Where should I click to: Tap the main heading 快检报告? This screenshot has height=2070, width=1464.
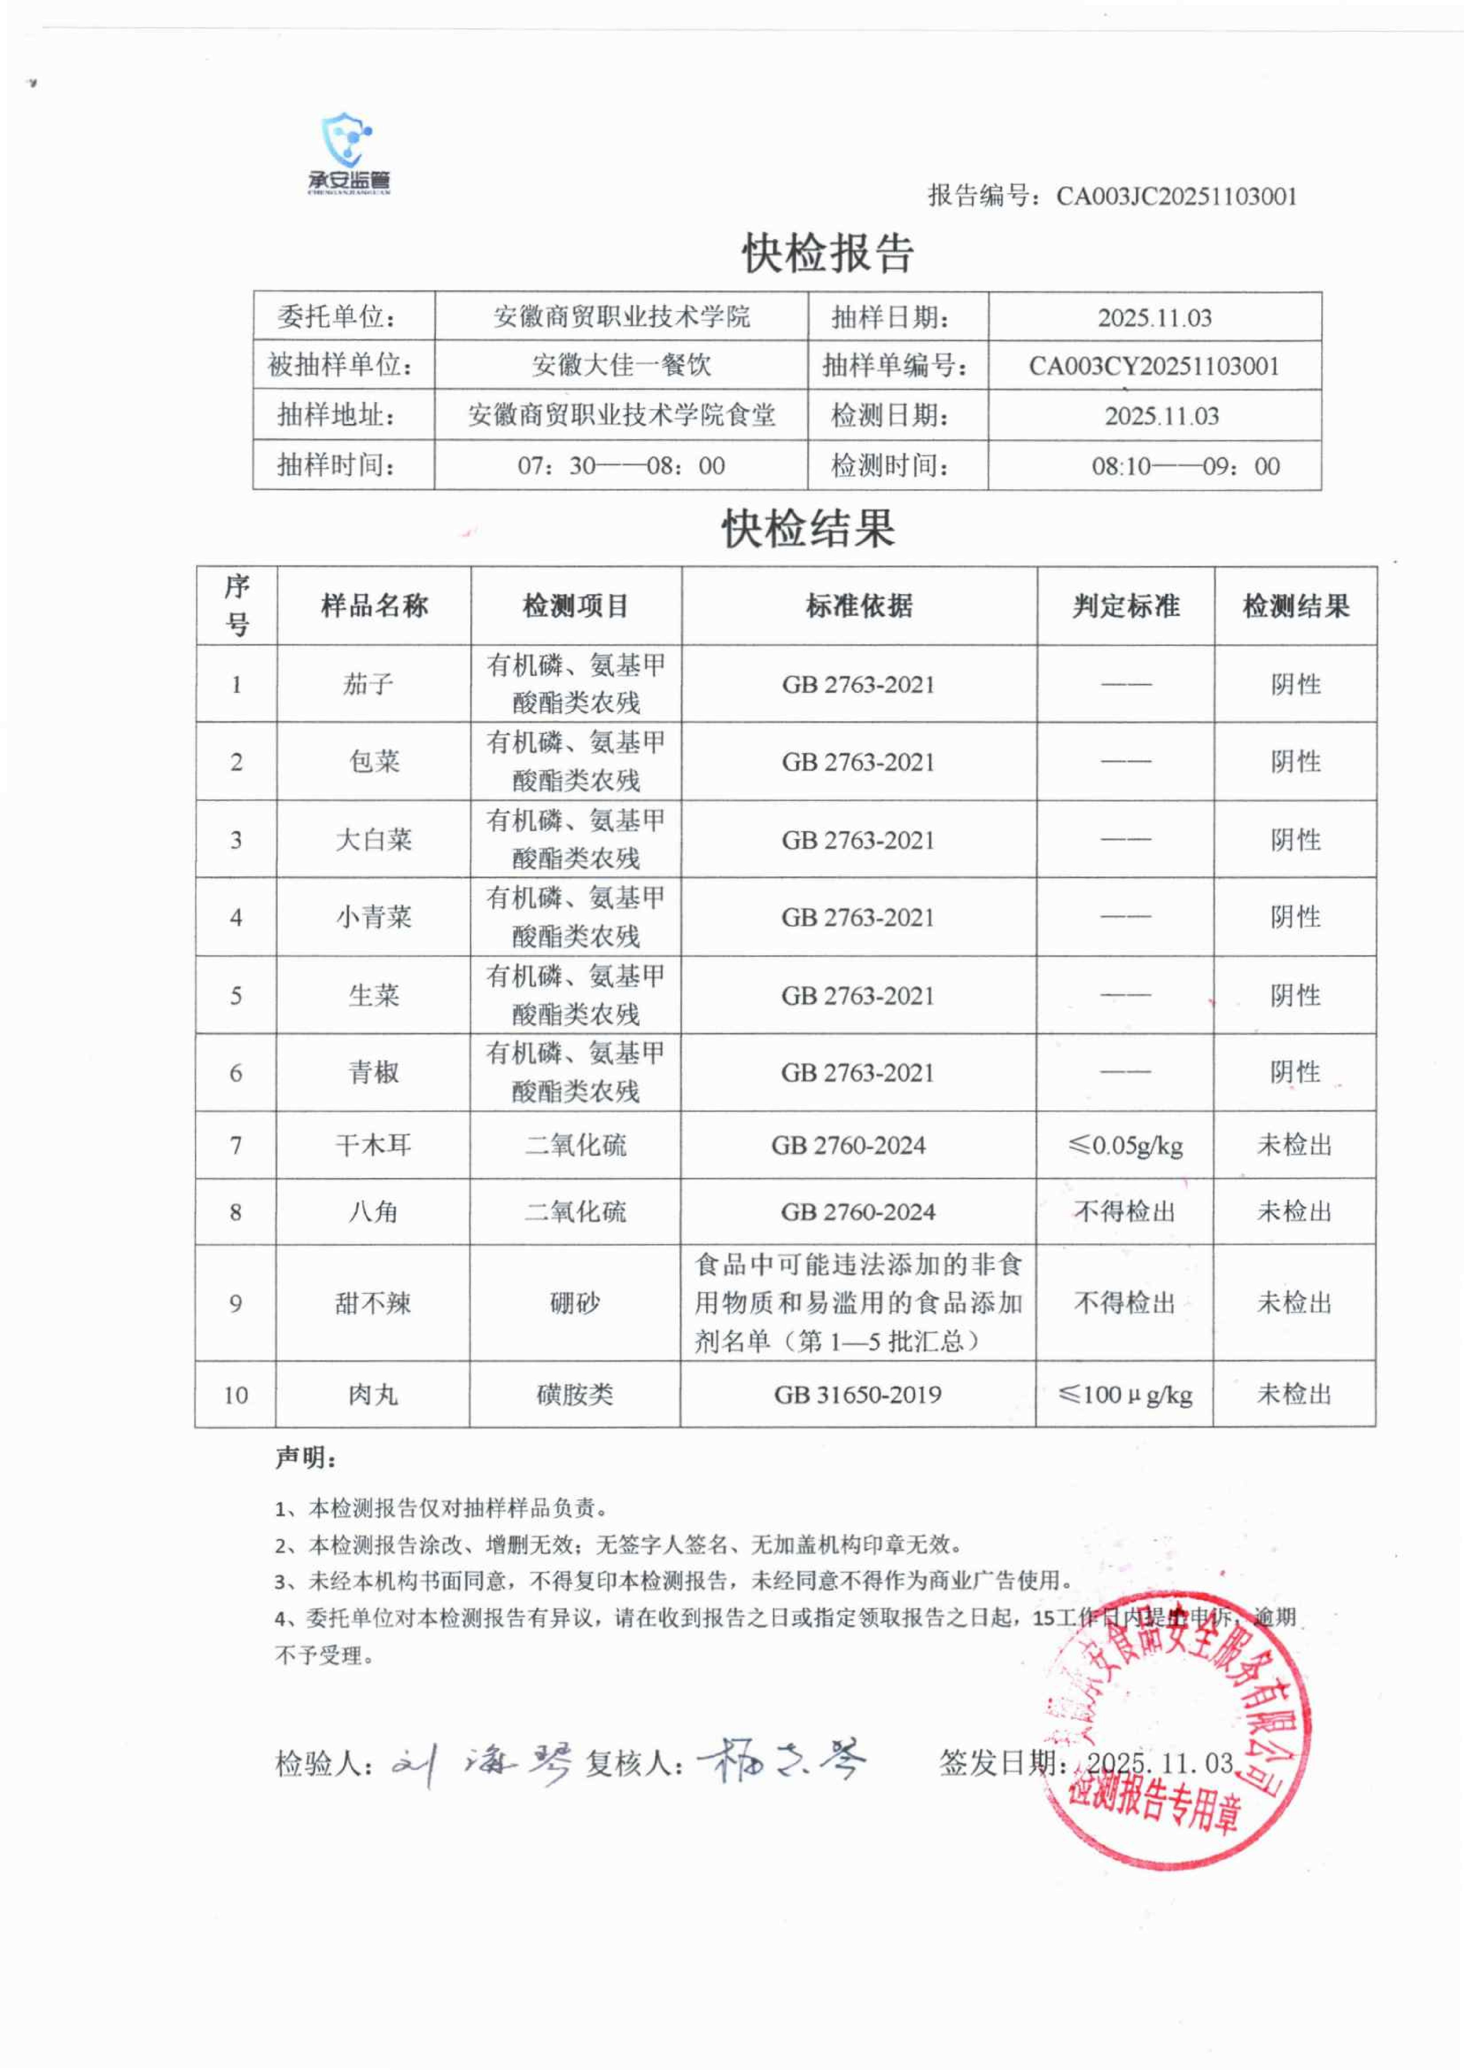828,253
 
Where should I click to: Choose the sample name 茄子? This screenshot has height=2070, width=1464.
368,684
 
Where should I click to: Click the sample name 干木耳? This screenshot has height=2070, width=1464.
373,1145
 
